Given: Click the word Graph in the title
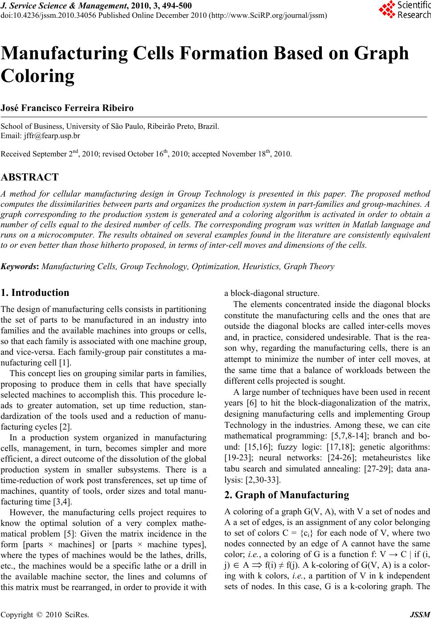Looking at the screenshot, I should [x=381, y=53].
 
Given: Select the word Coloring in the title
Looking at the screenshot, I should [x=38, y=76].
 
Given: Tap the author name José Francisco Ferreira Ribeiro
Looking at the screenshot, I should [x=67, y=108].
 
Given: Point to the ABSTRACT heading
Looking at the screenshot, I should [x=29, y=177].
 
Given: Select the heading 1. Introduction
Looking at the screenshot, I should [x=35, y=293].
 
